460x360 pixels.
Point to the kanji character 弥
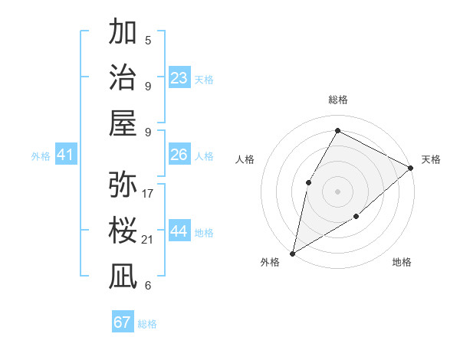123,185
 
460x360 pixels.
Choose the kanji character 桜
123,231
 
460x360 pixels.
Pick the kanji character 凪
123,277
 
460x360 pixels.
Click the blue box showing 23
179,78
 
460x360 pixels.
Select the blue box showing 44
179,231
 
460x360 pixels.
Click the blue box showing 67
123,322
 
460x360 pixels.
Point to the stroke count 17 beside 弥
148,193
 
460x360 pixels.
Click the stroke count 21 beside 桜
148,240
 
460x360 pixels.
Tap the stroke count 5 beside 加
148,41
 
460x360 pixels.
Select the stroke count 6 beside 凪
148,286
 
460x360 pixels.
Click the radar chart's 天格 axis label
431,159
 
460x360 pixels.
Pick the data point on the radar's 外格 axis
292,253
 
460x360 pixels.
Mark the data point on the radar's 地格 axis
356,217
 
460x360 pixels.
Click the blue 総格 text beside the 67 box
147,324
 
